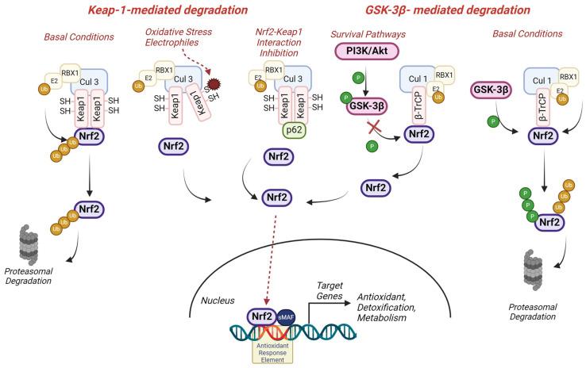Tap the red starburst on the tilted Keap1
[213, 84]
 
